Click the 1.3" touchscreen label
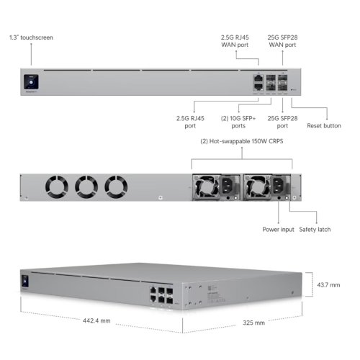[31, 37]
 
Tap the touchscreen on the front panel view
[31, 82]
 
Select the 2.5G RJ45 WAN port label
[235, 41]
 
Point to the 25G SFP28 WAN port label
[282, 41]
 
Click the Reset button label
[324, 126]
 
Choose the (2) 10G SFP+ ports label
[238, 122]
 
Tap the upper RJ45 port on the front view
[258, 78]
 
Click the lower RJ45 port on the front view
[258, 86]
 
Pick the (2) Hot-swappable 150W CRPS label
[242, 141]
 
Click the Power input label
[278, 230]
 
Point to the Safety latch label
[315, 230]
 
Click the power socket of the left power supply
[227, 186]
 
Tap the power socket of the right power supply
[278, 186]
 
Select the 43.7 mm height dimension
[328, 285]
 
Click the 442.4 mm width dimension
[96, 320]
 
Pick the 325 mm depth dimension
[253, 323]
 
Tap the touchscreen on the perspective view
[25, 281]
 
